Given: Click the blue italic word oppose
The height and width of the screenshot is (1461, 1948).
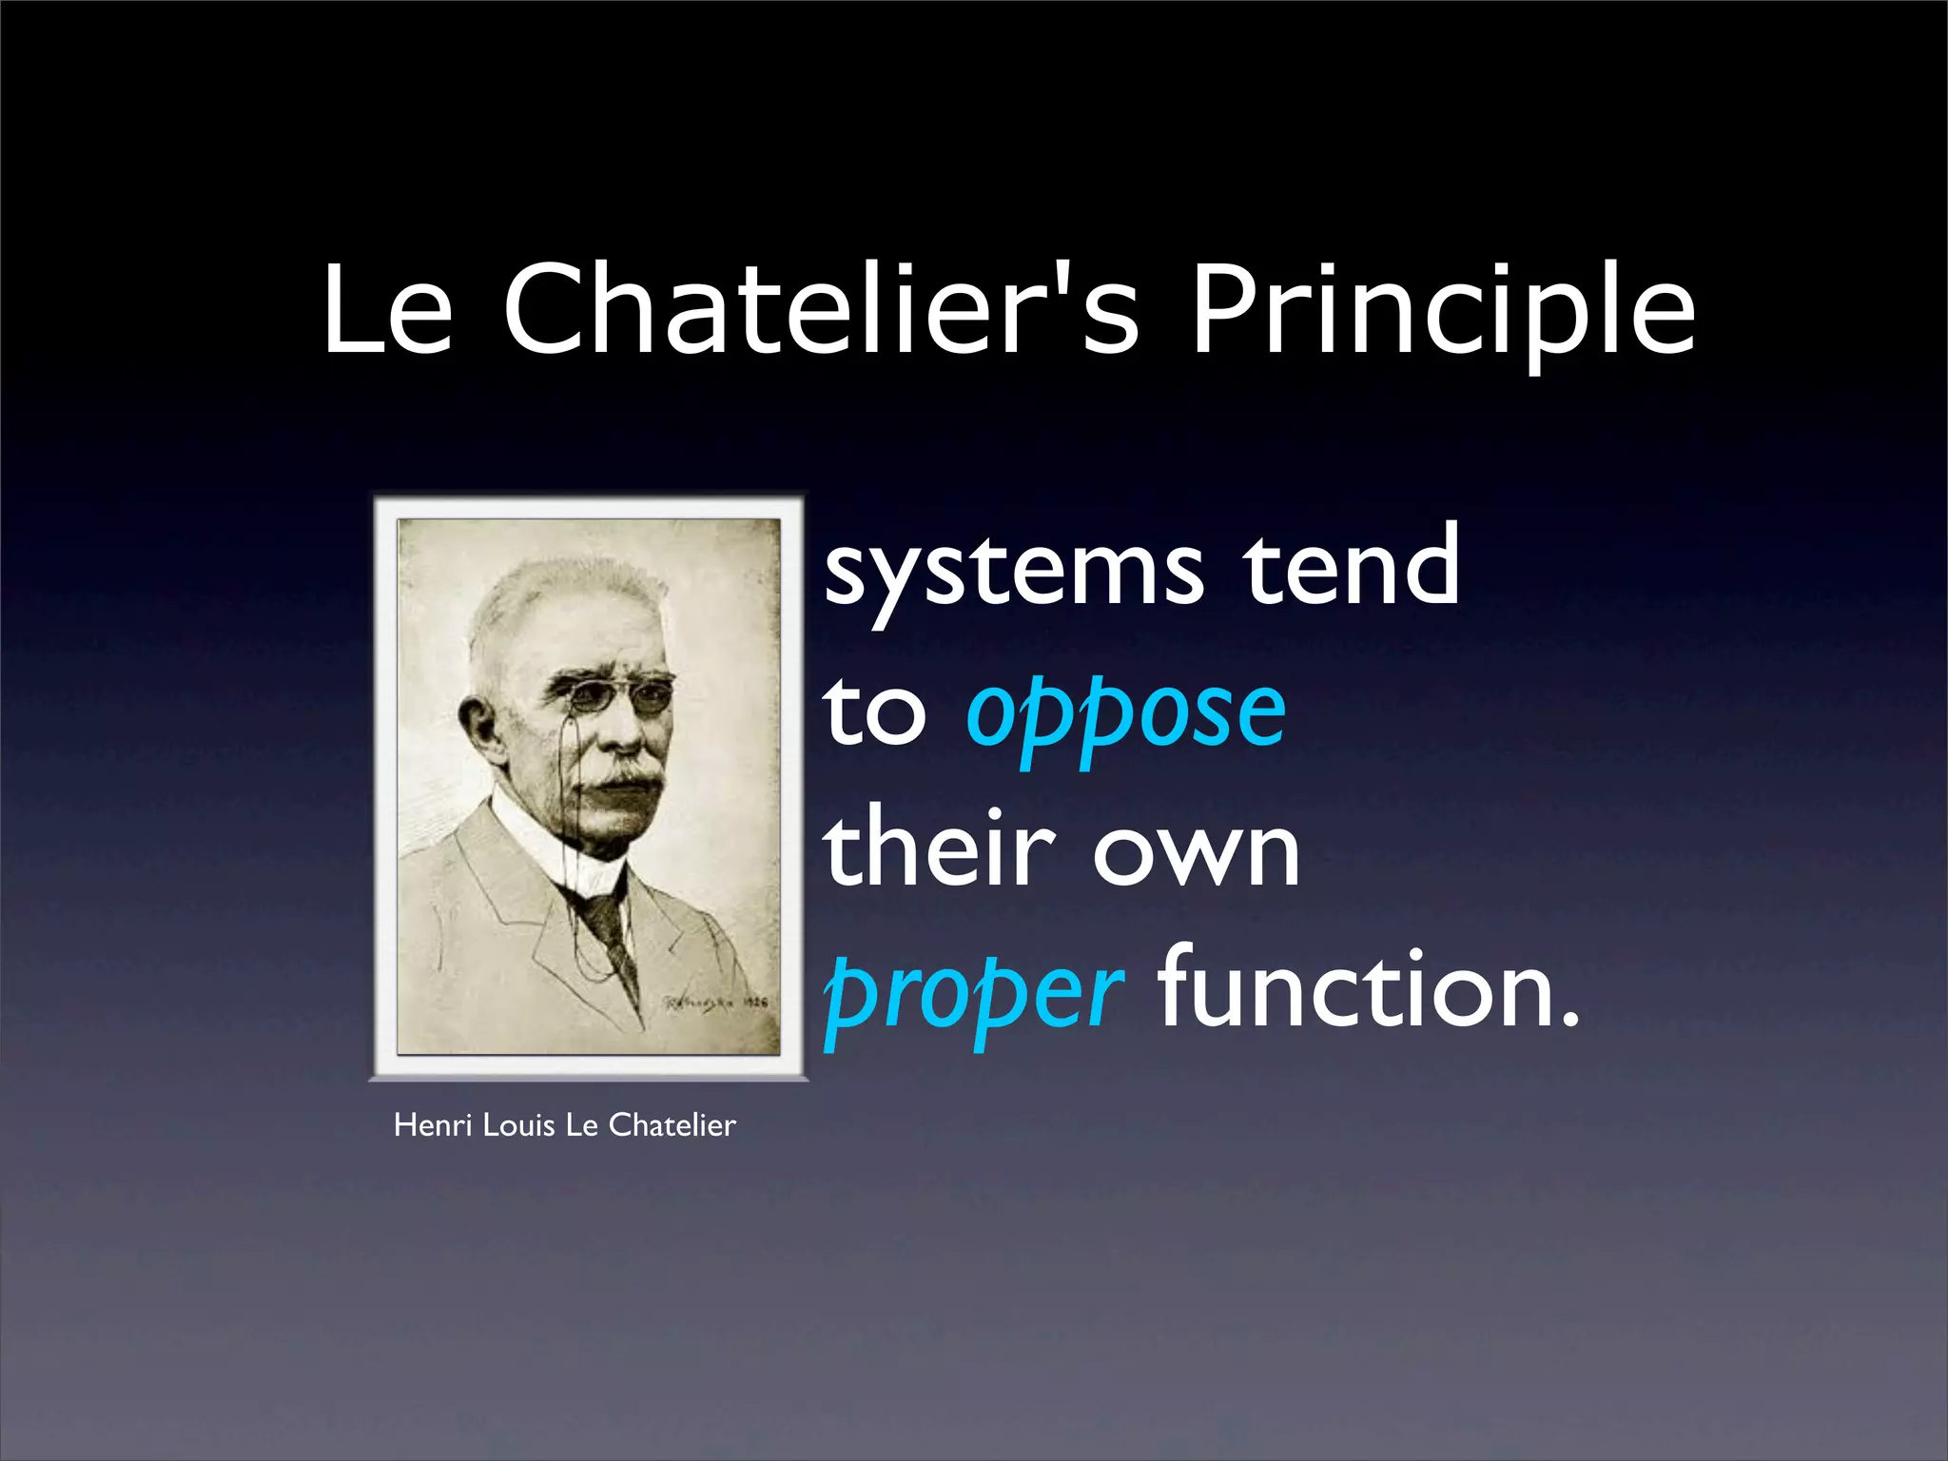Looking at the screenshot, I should coord(1125,713).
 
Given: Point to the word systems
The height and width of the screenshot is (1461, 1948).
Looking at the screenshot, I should coord(1014,571).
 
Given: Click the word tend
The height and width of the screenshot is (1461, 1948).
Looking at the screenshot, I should coord(1352,567).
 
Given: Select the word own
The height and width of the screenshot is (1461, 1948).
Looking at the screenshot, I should coord(1196,851).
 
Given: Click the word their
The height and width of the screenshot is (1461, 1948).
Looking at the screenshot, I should coord(940,847).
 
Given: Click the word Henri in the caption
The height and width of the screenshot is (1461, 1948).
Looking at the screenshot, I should coord(434,1125).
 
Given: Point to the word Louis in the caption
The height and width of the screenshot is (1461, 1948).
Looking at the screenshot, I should coord(518,1125).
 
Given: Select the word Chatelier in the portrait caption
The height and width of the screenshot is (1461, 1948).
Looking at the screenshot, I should coord(672,1125).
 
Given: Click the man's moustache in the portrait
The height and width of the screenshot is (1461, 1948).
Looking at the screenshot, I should coord(619,775).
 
